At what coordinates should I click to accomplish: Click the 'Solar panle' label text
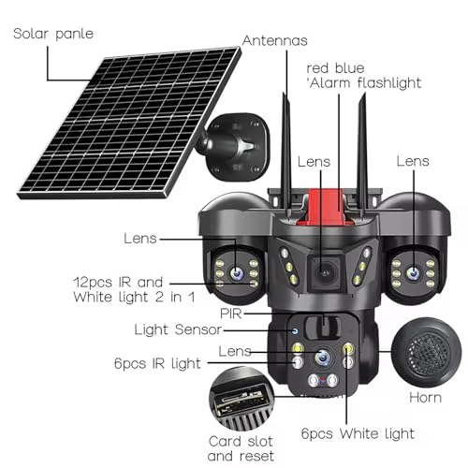[x=53, y=34]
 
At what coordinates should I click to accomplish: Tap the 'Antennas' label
[x=275, y=40]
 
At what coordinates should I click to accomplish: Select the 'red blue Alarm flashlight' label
[x=363, y=76]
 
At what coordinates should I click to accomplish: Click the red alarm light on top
[x=325, y=207]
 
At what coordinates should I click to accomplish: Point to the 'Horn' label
[x=425, y=398]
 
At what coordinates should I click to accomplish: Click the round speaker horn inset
[x=426, y=352]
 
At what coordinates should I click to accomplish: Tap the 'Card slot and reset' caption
[x=241, y=448]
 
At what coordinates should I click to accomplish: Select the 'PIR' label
[x=231, y=314]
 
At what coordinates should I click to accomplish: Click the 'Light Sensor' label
[x=178, y=329]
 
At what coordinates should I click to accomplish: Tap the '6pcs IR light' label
[x=157, y=363]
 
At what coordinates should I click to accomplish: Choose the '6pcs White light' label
[x=358, y=433]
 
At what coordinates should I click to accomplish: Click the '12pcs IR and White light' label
[x=134, y=289]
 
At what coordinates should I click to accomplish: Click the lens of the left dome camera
[x=237, y=272]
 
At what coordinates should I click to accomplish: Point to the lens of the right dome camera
[x=413, y=273]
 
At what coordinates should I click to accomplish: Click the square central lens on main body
[x=326, y=272]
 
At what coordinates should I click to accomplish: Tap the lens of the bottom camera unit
[x=323, y=357]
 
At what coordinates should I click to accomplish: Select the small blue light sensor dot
[x=295, y=331]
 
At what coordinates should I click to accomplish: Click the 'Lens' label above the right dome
[x=413, y=161]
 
